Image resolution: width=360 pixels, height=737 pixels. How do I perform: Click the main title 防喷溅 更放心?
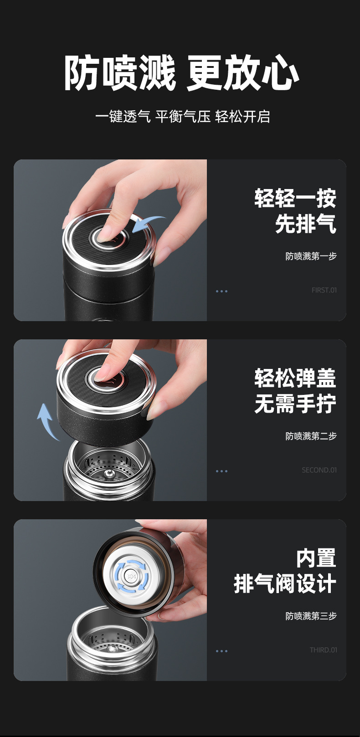pos(181,73)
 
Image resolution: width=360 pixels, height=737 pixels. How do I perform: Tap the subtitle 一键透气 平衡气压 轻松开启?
pos(182,117)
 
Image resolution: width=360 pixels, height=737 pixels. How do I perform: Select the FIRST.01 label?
pos(324,290)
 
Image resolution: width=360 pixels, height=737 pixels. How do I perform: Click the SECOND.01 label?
pos(319,470)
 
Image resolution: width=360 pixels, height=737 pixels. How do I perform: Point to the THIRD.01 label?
pos(323,650)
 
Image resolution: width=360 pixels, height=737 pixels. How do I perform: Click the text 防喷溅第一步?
pos(311,256)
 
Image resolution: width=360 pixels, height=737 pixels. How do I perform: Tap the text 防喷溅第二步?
pos(311,436)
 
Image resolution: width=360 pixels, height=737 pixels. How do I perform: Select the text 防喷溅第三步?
pos(311,616)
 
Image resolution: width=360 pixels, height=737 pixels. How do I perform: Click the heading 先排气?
pos(305,224)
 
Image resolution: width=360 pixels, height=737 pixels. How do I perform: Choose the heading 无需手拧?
pos(295,404)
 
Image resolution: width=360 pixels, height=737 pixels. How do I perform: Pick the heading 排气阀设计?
pos(285,584)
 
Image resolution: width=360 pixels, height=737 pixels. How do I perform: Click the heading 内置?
pos(316,558)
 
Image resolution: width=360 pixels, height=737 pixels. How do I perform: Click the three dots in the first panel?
pos(221,291)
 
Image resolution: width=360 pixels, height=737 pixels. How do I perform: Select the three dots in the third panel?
pos(221,651)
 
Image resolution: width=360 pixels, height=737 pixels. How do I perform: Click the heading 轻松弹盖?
pos(295,379)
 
